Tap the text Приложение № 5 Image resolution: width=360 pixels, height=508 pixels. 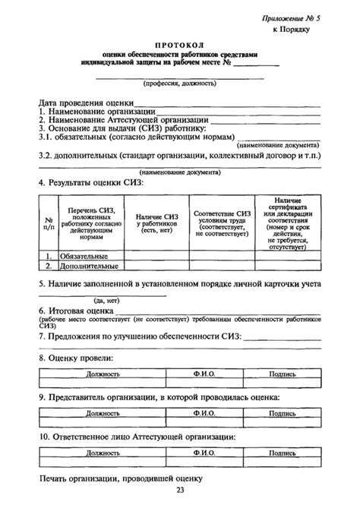point(293,16)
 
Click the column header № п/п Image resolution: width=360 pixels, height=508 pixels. point(49,223)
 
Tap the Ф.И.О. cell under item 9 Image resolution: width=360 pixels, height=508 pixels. point(204,414)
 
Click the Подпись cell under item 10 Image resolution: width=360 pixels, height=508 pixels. point(283,453)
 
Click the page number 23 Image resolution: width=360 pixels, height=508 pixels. point(180,491)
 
